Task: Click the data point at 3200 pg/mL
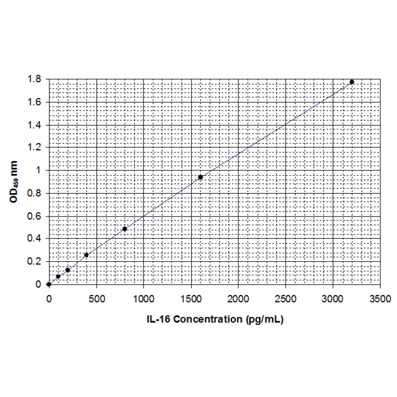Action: (x=352, y=82)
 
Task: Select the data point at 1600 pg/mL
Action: (x=200, y=177)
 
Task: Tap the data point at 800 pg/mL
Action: (x=125, y=229)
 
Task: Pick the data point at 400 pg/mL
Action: (x=86, y=255)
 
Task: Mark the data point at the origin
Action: (x=48, y=284)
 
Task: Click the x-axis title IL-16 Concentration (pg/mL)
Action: (x=214, y=320)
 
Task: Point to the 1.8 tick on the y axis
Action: (x=35, y=80)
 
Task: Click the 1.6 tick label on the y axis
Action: (x=35, y=102)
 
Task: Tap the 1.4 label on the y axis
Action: (x=35, y=125)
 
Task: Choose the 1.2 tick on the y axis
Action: (x=35, y=148)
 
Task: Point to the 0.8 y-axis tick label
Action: (x=35, y=193)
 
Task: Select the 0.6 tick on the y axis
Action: (x=35, y=216)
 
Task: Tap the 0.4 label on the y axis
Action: (x=35, y=239)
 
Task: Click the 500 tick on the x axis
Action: (x=96, y=299)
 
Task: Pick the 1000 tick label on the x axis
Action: (x=143, y=299)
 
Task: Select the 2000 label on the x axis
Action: (x=238, y=299)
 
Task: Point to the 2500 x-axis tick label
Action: (x=285, y=299)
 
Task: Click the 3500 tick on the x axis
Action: (x=380, y=299)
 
